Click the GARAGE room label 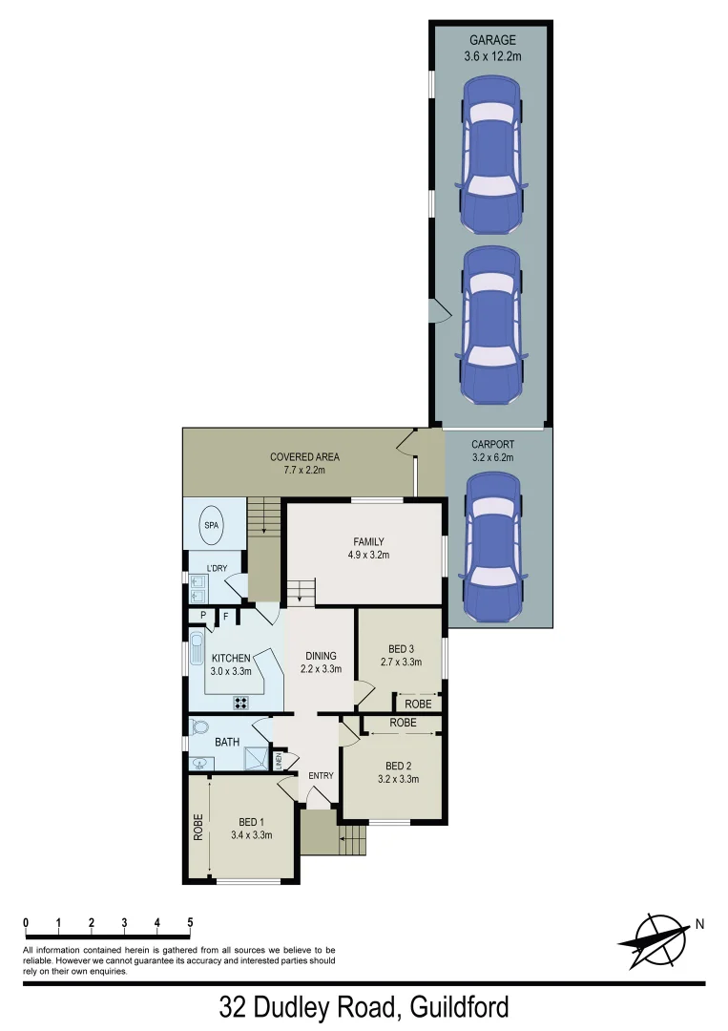pos(491,40)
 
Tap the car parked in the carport pos(492,546)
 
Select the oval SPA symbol pos(210,526)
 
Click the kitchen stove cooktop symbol pos(241,704)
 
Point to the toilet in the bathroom pos(198,726)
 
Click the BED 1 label pos(252,820)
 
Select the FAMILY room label pos(367,542)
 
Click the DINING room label pos(321,656)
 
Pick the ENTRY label pos(321,775)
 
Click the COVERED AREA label pos(304,457)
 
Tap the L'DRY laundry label pos(217,569)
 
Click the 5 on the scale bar pos(190,922)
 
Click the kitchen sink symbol pos(198,647)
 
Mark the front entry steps pos(351,840)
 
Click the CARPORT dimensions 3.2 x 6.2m pos(492,457)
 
